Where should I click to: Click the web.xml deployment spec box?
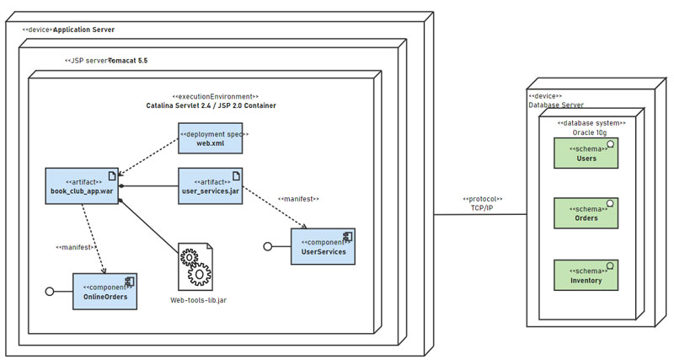point(210,138)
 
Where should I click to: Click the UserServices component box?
point(323,246)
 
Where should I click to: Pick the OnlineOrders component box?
point(104,291)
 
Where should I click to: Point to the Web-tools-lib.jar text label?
point(198,300)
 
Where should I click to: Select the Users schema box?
point(586,153)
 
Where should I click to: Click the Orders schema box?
point(586,213)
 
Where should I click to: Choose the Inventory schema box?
point(586,276)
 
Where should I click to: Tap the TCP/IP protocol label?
point(482,207)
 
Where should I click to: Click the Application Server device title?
point(83,30)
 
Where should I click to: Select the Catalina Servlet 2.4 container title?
point(211,105)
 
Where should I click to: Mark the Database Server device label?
point(556,105)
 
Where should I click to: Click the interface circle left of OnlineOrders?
point(50,291)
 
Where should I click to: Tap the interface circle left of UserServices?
point(268,246)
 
